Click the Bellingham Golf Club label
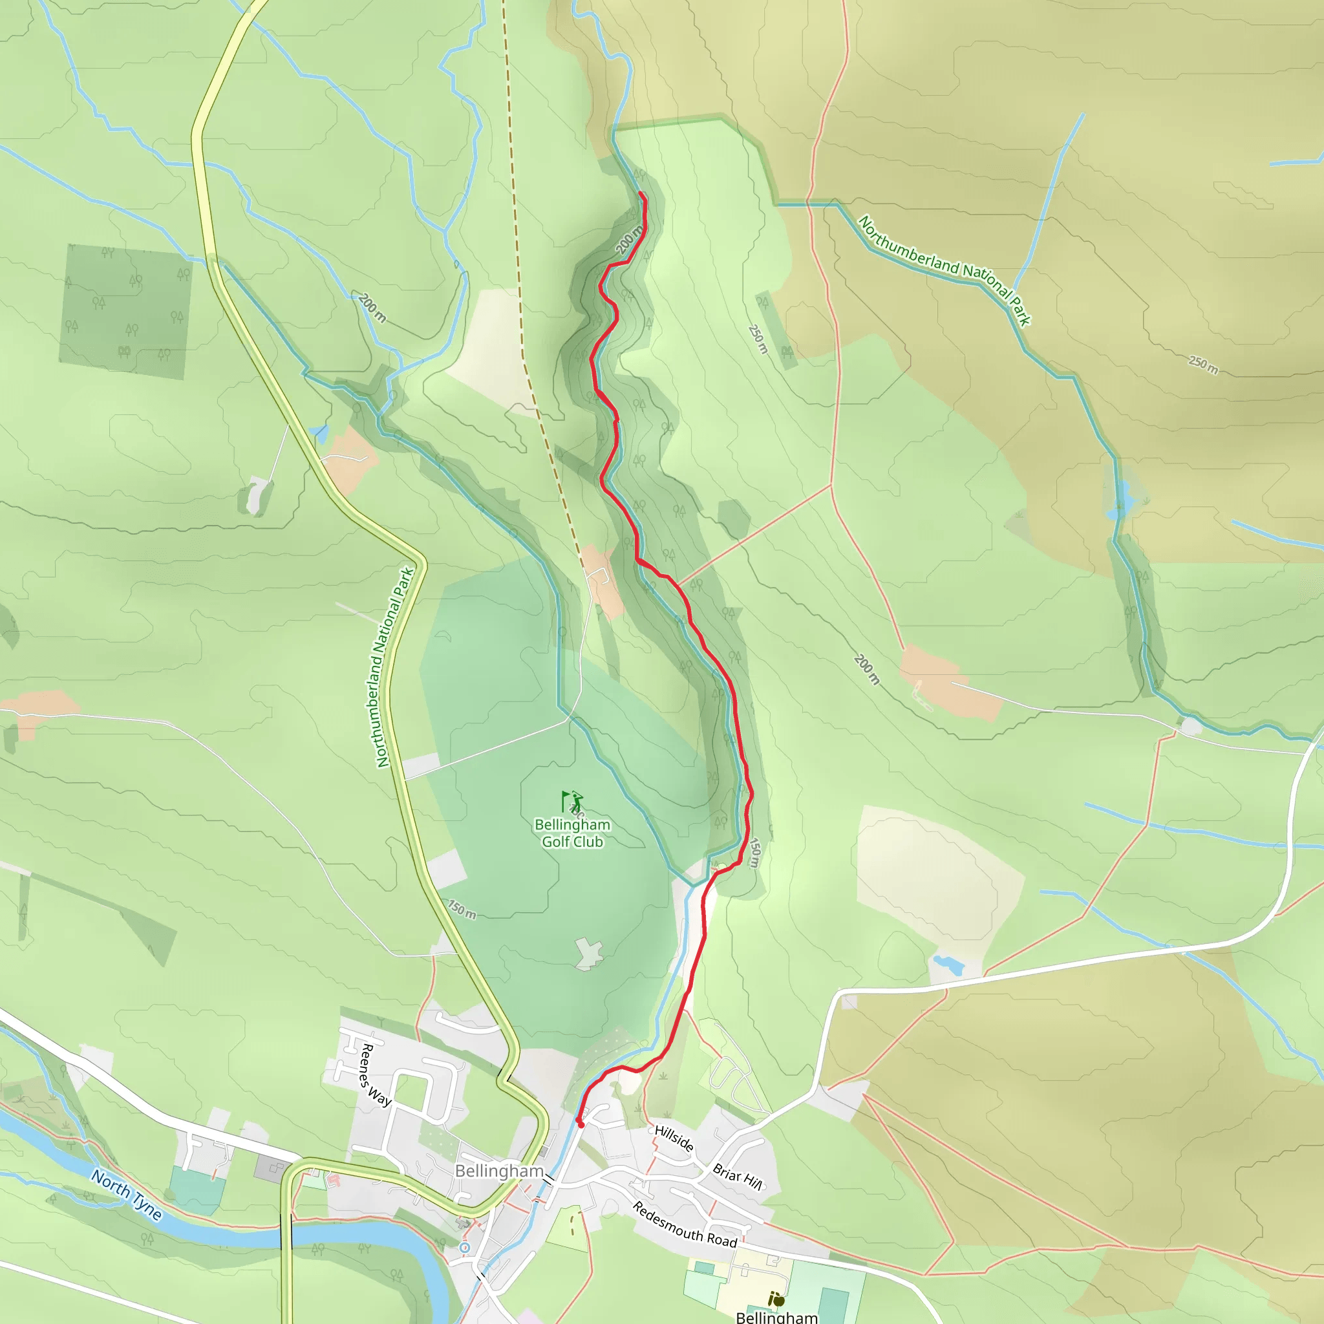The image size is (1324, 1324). click(x=572, y=833)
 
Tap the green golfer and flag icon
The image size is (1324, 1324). click(x=572, y=800)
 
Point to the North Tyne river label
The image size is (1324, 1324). click(x=127, y=1195)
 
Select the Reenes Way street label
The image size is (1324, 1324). click(x=376, y=1075)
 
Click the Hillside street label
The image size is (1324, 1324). click(x=674, y=1138)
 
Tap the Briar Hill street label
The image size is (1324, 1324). click(x=738, y=1177)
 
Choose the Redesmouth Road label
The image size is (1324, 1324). click(x=684, y=1224)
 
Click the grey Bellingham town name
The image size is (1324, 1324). click(x=499, y=1171)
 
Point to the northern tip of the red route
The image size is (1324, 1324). click(x=641, y=195)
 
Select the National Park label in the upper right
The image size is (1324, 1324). click(x=945, y=271)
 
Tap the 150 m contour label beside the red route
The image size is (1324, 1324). click(x=754, y=853)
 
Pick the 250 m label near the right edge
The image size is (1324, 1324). click(x=1203, y=365)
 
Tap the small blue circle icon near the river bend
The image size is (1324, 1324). click(x=465, y=1247)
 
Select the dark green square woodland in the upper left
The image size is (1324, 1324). click(x=126, y=311)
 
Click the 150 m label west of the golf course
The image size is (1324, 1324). click(x=462, y=910)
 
